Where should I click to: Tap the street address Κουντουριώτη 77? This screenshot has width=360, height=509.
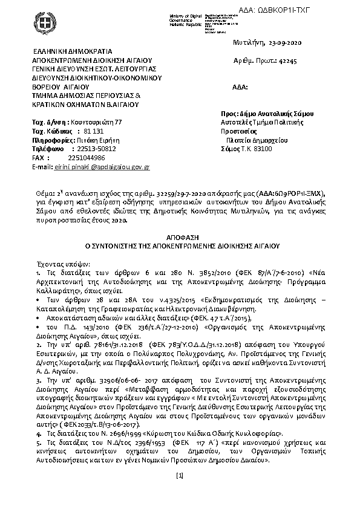96,122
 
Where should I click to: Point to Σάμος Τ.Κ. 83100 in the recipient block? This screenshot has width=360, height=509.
246,148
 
